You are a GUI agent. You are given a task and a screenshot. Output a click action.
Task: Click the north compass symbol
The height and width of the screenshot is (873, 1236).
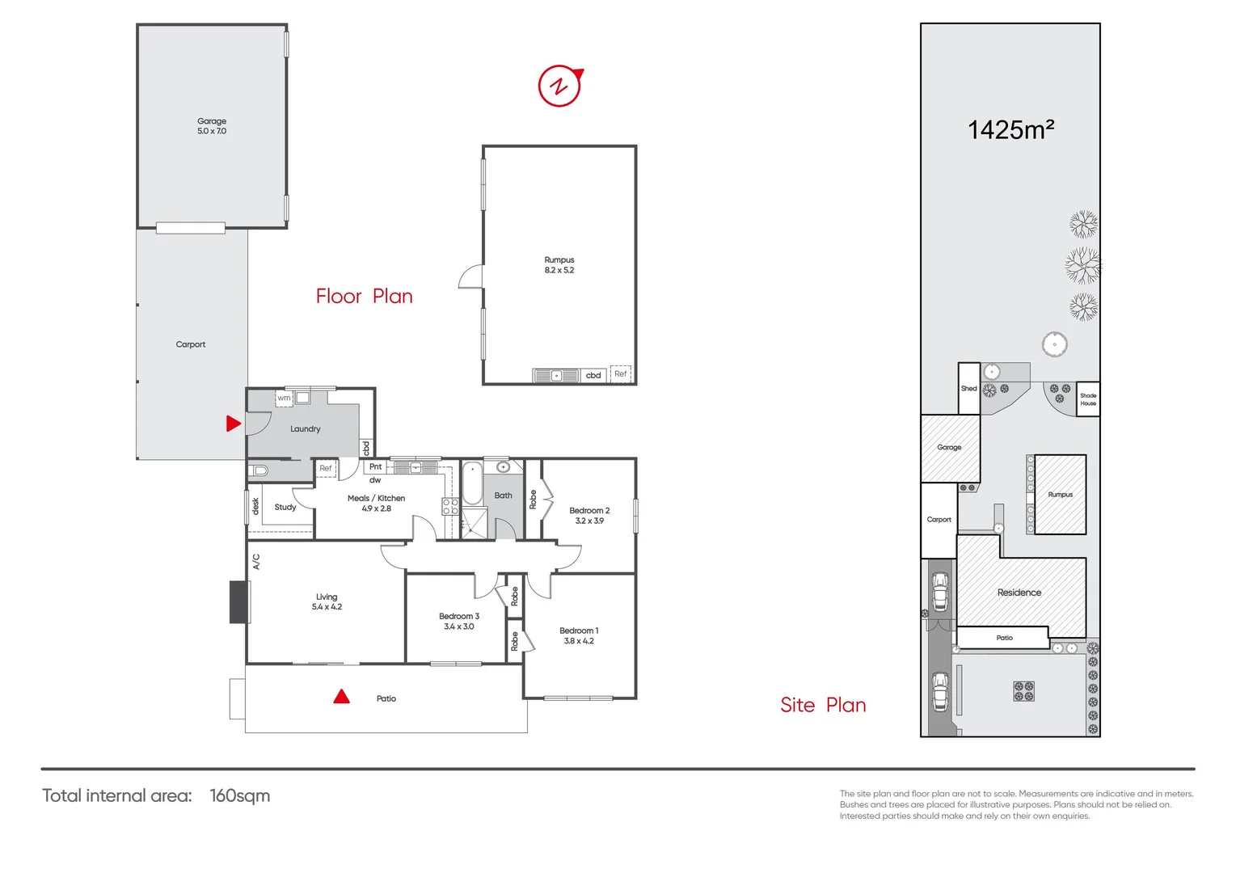tap(560, 86)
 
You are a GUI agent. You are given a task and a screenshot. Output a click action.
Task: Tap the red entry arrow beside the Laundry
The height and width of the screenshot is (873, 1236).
tap(233, 424)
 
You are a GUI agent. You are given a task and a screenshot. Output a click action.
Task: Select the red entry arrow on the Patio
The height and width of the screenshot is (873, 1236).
tap(342, 697)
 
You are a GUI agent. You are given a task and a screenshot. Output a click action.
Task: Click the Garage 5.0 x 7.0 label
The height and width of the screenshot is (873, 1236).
tap(212, 126)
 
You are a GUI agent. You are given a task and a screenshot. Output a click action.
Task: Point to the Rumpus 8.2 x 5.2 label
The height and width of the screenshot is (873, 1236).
tap(559, 265)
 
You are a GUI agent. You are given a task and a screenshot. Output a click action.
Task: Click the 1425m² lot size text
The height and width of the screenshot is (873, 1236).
tap(1011, 130)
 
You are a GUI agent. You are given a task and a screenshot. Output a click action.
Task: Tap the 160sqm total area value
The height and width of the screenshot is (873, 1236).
tap(240, 795)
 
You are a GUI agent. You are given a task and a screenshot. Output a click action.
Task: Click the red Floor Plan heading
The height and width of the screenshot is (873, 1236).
tap(365, 297)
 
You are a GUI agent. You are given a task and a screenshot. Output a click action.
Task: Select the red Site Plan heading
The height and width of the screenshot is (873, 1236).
tap(823, 705)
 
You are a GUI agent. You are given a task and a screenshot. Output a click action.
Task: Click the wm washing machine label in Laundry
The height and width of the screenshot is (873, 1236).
tap(284, 398)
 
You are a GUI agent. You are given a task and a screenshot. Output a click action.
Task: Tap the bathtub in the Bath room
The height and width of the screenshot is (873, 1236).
tap(472, 484)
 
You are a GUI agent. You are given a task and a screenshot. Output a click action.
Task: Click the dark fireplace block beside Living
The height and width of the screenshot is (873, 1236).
tap(239, 602)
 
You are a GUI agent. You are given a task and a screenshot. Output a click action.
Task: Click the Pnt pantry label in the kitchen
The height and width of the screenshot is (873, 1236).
tap(376, 467)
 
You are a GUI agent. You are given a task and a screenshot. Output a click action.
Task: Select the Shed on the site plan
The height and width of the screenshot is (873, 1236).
tap(969, 389)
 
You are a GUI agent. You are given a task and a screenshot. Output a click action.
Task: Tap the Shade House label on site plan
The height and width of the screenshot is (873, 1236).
tap(1088, 399)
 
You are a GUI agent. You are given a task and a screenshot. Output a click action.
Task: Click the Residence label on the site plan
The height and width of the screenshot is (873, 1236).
tap(1019, 593)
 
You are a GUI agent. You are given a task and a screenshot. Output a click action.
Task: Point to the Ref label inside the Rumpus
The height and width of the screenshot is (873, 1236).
tap(621, 374)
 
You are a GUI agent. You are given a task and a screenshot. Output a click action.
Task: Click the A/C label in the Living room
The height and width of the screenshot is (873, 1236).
tap(256, 562)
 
